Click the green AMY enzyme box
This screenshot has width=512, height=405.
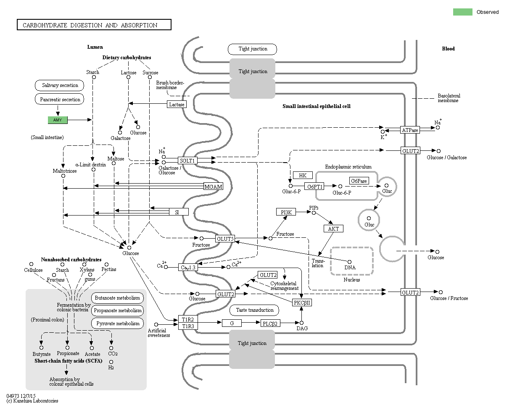58,120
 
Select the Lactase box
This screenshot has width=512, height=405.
177,104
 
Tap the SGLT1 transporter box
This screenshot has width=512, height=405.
187,160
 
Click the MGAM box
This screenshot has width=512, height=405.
213,187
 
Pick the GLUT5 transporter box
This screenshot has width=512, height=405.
225,239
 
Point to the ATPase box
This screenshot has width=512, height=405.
410,130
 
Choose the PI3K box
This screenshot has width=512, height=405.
286,213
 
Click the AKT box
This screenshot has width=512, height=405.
333,229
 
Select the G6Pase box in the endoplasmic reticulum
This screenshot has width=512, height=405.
359,181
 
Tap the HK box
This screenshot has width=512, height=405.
303,175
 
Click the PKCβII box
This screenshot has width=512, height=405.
302,302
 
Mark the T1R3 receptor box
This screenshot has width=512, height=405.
187,326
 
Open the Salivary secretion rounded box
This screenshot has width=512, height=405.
60,85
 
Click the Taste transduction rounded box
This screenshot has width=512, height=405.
254,310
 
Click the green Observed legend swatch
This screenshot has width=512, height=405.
462,12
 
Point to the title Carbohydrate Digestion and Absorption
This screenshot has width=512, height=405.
94,25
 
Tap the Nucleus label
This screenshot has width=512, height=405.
351,280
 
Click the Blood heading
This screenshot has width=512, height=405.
448,49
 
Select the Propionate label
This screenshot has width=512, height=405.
68,353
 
